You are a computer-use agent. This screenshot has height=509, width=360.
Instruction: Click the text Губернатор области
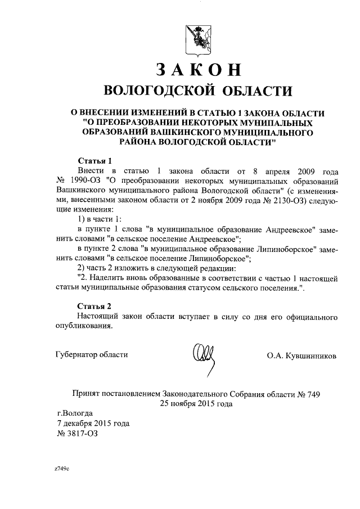pyautogui.click(x=92, y=355)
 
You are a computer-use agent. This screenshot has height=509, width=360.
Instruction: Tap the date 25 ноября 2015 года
pyautogui.click(x=196, y=404)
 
